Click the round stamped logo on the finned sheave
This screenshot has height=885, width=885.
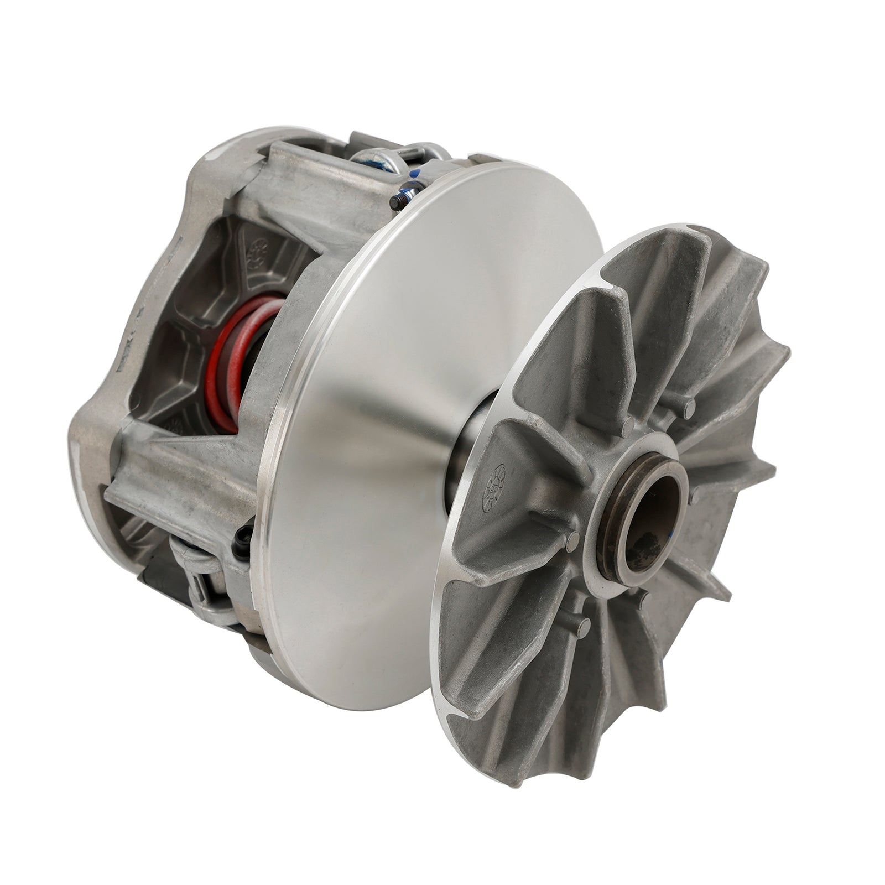pyautogui.click(x=493, y=487)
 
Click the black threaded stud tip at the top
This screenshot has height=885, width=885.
pyautogui.click(x=396, y=203)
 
